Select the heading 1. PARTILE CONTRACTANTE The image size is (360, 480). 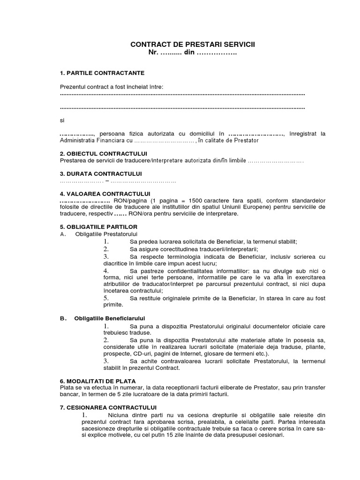click(102, 73)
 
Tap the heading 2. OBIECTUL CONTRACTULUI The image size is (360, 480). click(104, 154)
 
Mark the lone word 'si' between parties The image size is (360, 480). click(62, 120)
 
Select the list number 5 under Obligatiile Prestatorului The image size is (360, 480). click(106, 298)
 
